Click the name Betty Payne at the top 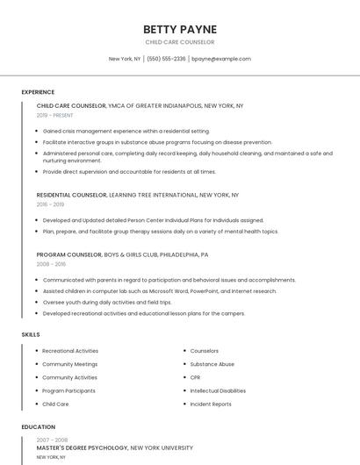click(179, 29)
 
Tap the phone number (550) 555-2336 click(166, 59)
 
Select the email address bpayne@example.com click(220, 59)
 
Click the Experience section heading click(38, 92)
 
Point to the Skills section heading click(31, 334)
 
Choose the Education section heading click(38, 427)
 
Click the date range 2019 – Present click(54, 115)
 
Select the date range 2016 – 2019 click(50, 204)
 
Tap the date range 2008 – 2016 click(51, 263)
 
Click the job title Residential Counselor click(71, 195)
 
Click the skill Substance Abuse click(212, 364)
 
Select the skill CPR click(195, 377)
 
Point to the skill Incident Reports click(211, 404)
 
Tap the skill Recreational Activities click(70, 351)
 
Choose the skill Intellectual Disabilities click(218, 390)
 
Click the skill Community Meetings click(69, 364)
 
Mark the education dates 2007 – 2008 click(52, 440)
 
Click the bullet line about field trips click(106, 302)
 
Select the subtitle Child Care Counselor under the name click(179, 42)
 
